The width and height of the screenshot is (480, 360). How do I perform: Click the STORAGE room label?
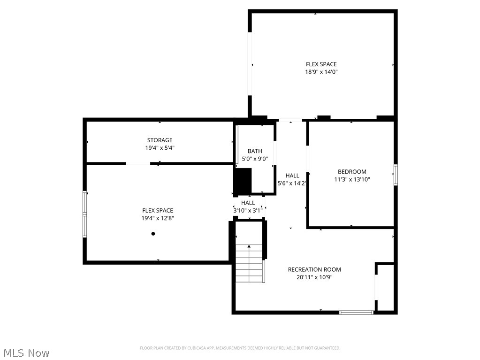click(x=160, y=140)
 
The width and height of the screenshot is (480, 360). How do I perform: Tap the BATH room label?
click(x=255, y=151)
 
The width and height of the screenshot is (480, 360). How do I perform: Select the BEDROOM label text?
click(x=352, y=172)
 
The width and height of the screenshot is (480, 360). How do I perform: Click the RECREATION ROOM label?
click(x=314, y=269)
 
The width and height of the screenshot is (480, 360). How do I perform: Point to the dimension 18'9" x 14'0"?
click(x=321, y=72)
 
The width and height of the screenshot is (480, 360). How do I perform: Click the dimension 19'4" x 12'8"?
click(x=158, y=218)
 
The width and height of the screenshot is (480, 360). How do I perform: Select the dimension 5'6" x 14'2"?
click(x=292, y=184)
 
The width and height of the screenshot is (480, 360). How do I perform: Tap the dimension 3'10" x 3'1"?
click(x=248, y=211)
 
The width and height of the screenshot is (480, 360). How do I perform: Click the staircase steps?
click(x=249, y=265)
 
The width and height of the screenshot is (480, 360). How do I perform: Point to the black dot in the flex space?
click(x=153, y=233)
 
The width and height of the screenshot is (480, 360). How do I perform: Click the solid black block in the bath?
click(x=243, y=181)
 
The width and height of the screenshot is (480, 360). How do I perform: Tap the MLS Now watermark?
click(x=26, y=352)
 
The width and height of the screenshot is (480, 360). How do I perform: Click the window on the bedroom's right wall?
click(x=396, y=175)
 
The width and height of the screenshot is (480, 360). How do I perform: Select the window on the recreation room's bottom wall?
click(x=356, y=312)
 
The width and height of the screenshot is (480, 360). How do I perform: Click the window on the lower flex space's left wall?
click(x=85, y=214)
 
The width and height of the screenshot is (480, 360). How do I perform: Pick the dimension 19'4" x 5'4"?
click(x=160, y=148)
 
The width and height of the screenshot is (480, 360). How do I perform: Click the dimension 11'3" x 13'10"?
click(x=352, y=179)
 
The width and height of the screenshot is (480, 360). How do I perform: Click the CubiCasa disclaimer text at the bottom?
click(x=240, y=348)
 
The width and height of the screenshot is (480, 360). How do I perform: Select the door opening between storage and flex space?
click(x=138, y=164)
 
